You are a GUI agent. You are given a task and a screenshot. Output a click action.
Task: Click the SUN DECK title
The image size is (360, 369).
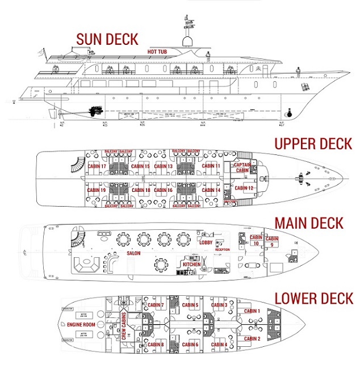click(107, 39)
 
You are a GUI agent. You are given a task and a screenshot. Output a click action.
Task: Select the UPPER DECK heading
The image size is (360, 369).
click(313, 143)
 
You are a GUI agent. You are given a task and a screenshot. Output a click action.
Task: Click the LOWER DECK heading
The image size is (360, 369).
click(313, 298)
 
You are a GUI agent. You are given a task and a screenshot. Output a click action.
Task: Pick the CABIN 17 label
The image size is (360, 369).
click(97, 166)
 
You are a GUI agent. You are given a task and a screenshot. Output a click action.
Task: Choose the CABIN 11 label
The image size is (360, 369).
click(210, 166)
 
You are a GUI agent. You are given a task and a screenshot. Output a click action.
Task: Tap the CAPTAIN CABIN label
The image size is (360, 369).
click(242, 167)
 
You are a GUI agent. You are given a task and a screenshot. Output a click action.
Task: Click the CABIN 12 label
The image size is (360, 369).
click(244, 188)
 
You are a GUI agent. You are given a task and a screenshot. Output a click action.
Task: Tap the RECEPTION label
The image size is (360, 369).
click(222, 249)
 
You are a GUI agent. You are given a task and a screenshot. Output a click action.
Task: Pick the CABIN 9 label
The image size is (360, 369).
click(272, 241)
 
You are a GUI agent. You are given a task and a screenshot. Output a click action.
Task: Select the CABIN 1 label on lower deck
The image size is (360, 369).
click(252, 311)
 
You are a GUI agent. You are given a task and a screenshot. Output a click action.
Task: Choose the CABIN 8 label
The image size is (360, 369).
click(155, 344)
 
